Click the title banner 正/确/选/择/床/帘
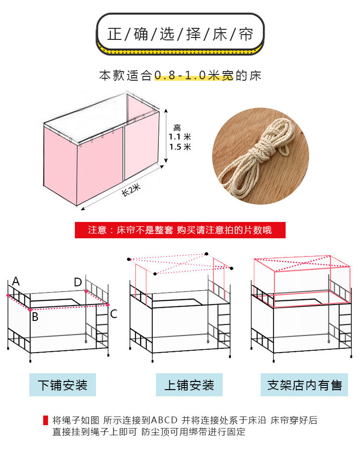[180, 34]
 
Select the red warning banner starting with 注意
[180, 230]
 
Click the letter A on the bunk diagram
[16, 282]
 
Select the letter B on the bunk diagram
[35, 317]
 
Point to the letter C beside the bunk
[114, 314]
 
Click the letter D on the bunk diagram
[78, 282]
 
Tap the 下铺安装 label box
[62, 385]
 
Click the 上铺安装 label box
[189, 385]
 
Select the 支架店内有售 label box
[304, 385]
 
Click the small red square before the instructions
[46, 420]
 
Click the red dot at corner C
[108, 305]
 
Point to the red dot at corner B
[30, 309]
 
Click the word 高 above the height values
[177, 128]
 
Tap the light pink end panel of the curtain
[142, 144]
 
